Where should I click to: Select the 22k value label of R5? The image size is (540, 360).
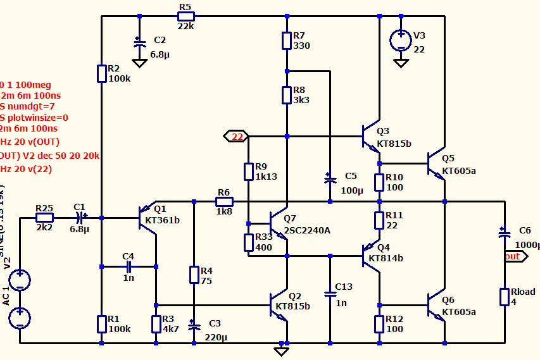[x=185, y=26]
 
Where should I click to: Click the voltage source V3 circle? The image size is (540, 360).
[x=401, y=40]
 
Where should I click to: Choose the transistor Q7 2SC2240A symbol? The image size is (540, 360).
[x=279, y=223]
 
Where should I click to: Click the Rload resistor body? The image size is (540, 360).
[x=505, y=297]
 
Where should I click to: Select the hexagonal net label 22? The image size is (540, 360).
[x=237, y=136]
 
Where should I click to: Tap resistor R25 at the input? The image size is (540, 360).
[x=44, y=218]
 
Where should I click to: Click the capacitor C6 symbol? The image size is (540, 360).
[x=505, y=233]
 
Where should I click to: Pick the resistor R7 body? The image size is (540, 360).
[x=287, y=40]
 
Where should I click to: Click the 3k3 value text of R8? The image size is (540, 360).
[x=301, y=100]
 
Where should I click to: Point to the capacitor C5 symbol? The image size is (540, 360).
[x=330, y=180]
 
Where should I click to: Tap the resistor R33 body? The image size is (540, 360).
[x=249, y=242]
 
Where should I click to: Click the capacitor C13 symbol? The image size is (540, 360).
[x=330, y=294]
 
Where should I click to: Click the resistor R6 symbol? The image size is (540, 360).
[x=223, y=202]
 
